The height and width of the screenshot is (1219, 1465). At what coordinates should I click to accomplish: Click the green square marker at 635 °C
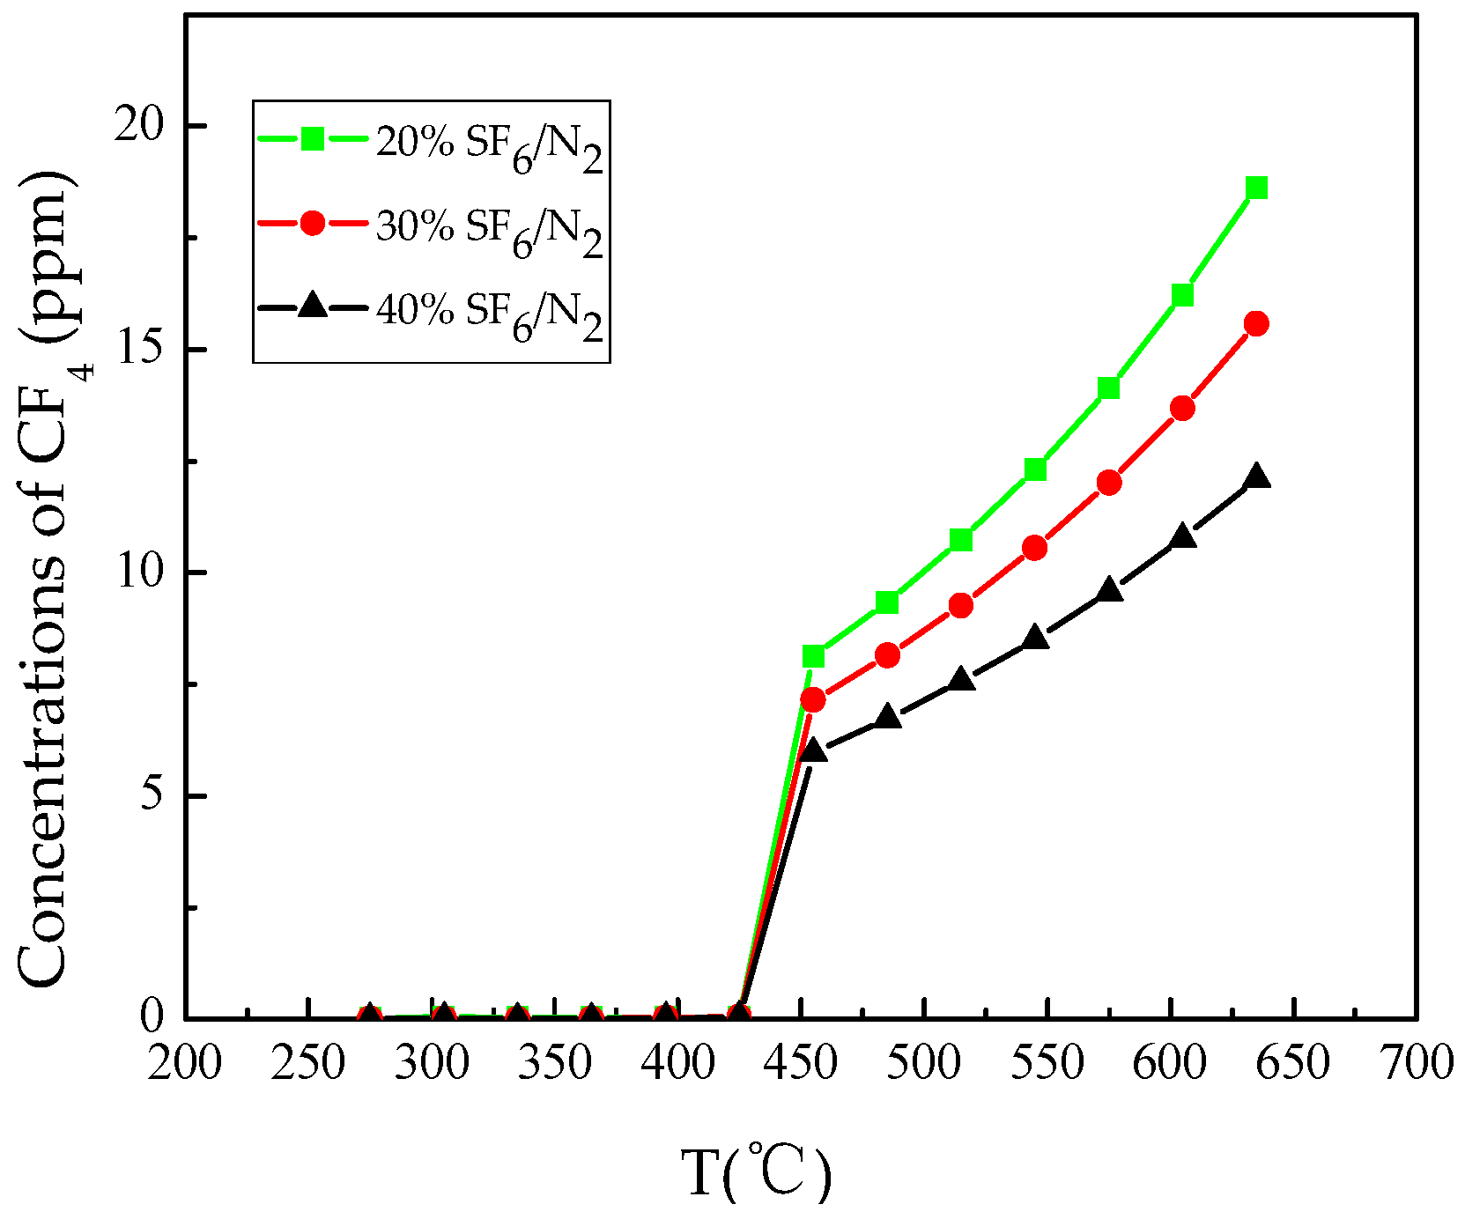1256,188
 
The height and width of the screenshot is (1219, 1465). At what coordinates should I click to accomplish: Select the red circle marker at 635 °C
1256,323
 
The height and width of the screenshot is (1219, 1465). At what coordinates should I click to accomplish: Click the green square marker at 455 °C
813,656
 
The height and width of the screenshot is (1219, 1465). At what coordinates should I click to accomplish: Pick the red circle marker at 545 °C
1035,548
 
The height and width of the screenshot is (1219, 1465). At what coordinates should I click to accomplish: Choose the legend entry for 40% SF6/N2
432,310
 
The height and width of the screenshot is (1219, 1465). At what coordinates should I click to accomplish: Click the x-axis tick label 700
1416,1064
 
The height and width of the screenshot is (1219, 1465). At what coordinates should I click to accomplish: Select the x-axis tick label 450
800,1064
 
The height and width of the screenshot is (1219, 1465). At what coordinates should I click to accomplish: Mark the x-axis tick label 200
184,1064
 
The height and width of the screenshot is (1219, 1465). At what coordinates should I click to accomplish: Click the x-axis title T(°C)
756,1171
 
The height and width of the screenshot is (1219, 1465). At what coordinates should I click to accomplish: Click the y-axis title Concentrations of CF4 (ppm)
44,577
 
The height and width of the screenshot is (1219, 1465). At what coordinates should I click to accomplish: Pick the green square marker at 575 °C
1108,388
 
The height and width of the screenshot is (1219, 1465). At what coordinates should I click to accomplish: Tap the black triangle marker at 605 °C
1182,536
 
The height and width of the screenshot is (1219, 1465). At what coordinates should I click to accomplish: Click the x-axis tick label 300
431,1064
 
